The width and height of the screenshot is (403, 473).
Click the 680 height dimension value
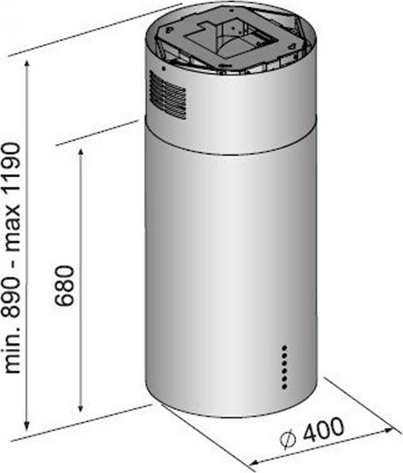click(x=66, y=284)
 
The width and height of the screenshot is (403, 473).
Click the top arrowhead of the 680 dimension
click(x=80, y=153)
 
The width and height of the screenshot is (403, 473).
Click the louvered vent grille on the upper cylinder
click(x=167, y=95)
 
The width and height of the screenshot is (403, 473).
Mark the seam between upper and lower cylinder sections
click(x=229, y=153)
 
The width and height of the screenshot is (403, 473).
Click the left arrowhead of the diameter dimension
click(x=255, y=461)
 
